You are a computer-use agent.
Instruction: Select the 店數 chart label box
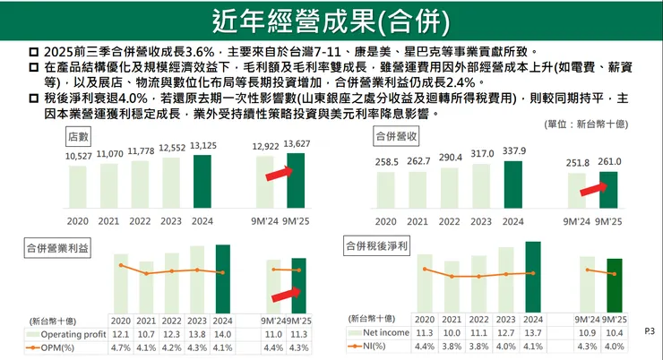click(79, 136)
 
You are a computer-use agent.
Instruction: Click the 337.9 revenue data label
click(514, 151)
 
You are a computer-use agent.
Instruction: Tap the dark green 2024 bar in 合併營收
click(514, 186)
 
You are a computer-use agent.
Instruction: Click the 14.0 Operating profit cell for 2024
click(221, 333)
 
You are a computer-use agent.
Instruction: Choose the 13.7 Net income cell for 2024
click(531, 332)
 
